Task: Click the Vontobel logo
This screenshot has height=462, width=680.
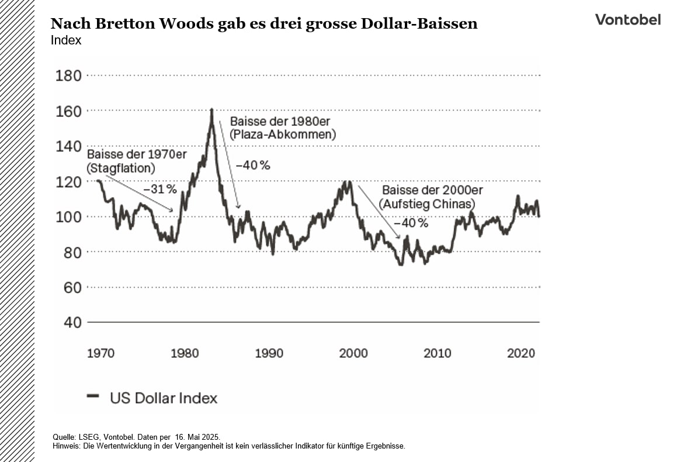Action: point(627,19)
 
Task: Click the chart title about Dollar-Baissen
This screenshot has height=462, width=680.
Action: point(264,23)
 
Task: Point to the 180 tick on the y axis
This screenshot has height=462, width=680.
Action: point(68,76)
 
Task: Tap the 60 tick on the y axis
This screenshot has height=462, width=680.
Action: point(68,287)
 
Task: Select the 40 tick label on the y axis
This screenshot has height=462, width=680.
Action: point(68,323)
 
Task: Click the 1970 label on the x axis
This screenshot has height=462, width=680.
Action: point(101,353)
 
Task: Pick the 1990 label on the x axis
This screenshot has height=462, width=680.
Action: point(269,353)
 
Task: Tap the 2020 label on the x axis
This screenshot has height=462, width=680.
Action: point(521,353)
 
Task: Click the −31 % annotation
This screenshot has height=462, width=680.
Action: point(160,189)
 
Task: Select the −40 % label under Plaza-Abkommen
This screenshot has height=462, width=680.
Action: point(253,166)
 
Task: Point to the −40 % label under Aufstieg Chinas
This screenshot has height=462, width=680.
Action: point(411,223)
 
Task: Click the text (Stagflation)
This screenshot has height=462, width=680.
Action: point(121,168)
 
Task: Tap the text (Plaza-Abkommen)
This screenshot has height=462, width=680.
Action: point(283,135)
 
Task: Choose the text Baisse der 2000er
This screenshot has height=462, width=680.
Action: point(432,191)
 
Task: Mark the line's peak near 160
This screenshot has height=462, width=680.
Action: point(211,109)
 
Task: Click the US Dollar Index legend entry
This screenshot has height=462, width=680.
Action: point(163,398)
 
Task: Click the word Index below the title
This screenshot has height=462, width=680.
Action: point(66,40)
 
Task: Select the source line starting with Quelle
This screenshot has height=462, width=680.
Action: point(136,437)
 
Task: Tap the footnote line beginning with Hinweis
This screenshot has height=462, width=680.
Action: point(228,446)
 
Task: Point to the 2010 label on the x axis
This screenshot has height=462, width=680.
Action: point(437,353)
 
